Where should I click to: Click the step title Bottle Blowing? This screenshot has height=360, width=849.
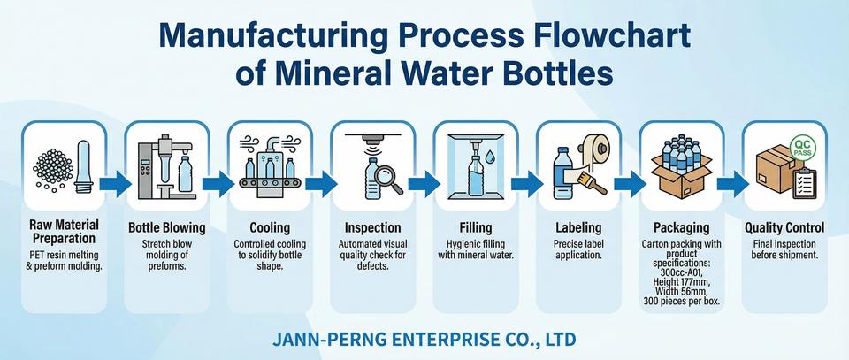click(x=167, y=227)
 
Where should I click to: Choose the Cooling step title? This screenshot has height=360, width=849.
click(x=270, y=227)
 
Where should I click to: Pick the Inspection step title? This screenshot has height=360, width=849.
click(x=372, y=227)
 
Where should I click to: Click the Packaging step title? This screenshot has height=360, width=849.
click(x=680, y=227)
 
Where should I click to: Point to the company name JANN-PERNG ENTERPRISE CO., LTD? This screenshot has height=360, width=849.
click(x=424, y=339)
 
